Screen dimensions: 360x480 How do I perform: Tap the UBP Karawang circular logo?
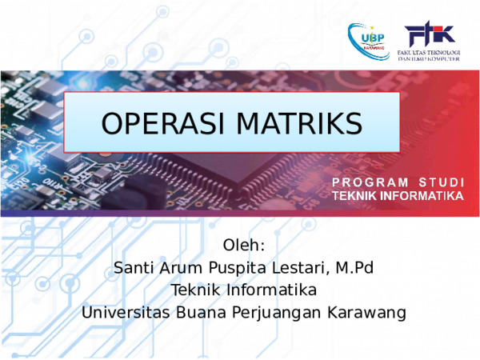click(369, 38)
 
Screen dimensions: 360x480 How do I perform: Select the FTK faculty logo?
click(430, 34)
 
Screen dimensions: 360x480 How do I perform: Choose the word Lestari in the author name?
click(297, 266)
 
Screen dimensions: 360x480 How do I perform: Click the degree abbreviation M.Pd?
click(353, 266)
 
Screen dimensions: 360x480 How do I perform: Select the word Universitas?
click(123, 311)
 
